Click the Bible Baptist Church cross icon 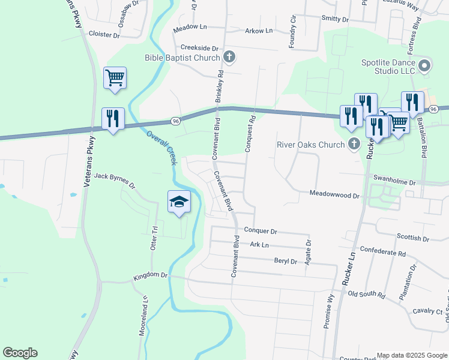pos(229,58)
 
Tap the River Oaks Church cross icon pos(354,144)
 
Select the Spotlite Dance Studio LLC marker pos(425,66)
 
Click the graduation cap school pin pos(179,202)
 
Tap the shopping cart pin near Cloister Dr pos(115,77)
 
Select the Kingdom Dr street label pos(151,275)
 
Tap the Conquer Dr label pos(261,230)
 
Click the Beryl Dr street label pos(286,261)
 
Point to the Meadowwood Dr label pos(334,195)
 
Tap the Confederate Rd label pos(382,253)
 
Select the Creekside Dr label pos(199,47)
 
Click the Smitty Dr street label pos(335,19)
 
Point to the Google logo pos(20,353)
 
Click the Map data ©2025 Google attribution pos(411,355)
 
